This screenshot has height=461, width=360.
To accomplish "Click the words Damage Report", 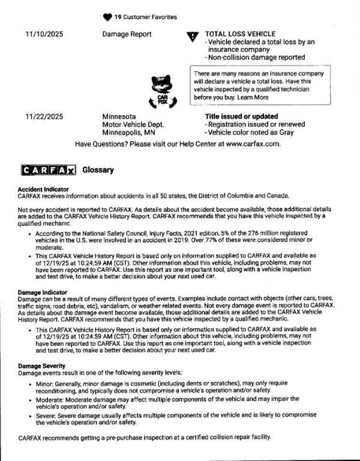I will pyautogui.click(x=127, y=34).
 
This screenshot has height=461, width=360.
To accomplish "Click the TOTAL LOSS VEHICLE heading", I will pyautogui.click(x=240, y=34).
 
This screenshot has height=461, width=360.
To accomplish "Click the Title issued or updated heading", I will pyautogui.click(x=241, y=116).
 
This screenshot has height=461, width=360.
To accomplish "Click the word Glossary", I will pyautogui.click(x=97, y=170).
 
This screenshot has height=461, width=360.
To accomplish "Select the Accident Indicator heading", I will pyautogui.click(x=45, y=189).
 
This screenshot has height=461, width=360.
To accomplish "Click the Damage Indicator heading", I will pyautogui.click(x=44, y=292).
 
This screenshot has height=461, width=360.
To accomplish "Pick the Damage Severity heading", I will pyautogui.click(x=42, y=366).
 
